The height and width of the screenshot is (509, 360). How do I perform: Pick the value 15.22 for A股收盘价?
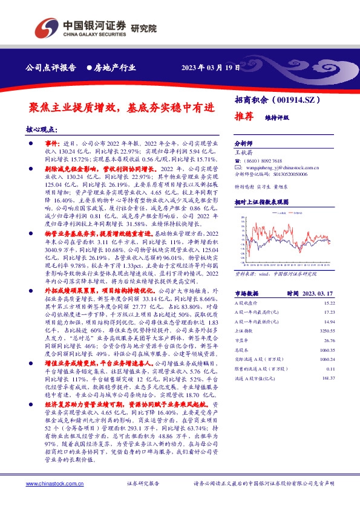coord(329,302)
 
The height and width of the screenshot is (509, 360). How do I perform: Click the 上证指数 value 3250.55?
coord(327,331)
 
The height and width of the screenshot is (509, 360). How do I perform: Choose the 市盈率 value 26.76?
coord(329,341)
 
